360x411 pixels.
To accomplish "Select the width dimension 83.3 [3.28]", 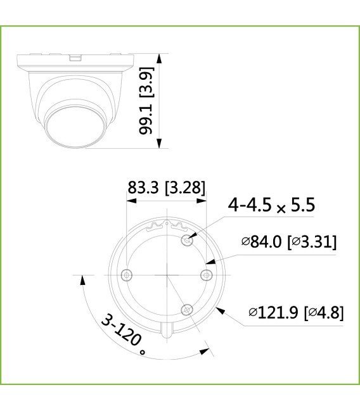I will click(167, 188).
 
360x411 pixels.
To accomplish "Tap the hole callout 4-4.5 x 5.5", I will click(272, 205).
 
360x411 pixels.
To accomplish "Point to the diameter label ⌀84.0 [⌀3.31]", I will click(288, 242).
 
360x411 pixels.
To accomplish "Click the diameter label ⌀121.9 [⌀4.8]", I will click(295, 313).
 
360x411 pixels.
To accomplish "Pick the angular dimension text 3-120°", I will click(124, 333).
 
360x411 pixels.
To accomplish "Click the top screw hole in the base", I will click(186, 240).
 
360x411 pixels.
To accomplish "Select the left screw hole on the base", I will click(126, 275).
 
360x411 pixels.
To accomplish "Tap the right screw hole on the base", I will click(205, 274).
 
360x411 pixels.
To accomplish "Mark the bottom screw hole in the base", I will click(186, 309).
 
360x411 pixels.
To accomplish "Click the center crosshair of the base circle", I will click(166, 275).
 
